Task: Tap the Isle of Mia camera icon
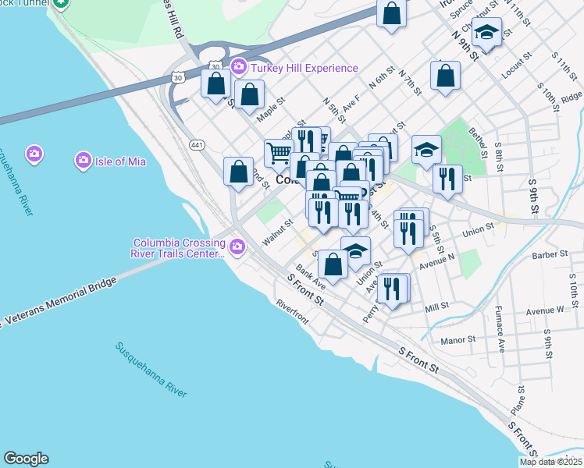[84, 161]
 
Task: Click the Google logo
[26, 459]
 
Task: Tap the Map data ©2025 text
[550, 462]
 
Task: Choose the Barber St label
[549, 254]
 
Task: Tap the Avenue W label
[544, 310]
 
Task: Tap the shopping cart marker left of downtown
[279, 152]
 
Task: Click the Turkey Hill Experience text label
[304, 68]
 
